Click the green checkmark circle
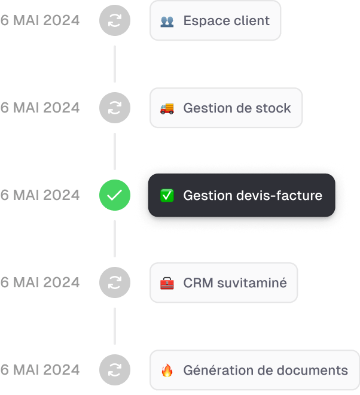tap(114, 195)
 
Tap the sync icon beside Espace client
tap(114, 20)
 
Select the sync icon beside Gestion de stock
tap(114, 108)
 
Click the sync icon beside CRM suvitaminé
tap(114, 282)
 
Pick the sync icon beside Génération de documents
tap(114, 370)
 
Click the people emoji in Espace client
tap(167, 21)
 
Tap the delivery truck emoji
tap(167, 108)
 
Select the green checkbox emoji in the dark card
tap(167, 196)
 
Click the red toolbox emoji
tap(167, 282)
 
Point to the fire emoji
tap(167, 370)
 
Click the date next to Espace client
tap(40, 20)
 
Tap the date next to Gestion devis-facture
tap(40, 195)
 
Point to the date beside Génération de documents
tap(40, 370)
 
